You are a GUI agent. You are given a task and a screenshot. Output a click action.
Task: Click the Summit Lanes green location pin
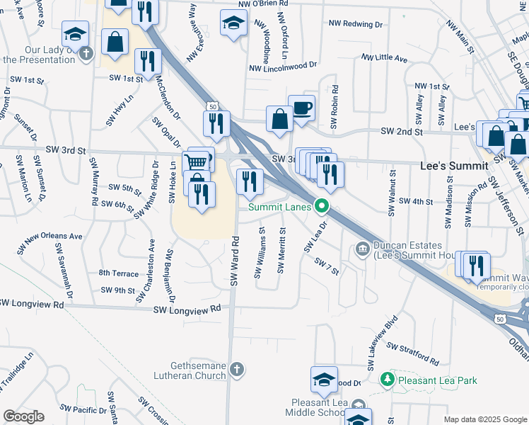pos(322,207)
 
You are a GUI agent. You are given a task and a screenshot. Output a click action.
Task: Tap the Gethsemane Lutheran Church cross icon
pos(238,368)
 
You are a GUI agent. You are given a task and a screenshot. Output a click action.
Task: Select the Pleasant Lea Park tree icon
pos(387,380)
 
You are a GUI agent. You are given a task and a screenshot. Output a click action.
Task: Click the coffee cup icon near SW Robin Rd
pos(302,108)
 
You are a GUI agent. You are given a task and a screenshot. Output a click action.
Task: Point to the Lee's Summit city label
pos(454,165)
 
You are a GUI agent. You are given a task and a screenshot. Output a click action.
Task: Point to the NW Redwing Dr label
pos(356,24)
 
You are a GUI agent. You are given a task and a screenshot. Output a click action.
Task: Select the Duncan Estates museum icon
pos(362,249)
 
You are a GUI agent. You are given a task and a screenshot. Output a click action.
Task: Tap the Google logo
pos(23,416)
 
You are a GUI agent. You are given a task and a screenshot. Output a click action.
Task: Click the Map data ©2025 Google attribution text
pos(484,419)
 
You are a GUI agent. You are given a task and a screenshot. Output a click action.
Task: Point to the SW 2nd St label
pos(401,132)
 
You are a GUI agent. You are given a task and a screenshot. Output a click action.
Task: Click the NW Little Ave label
pos(384,57)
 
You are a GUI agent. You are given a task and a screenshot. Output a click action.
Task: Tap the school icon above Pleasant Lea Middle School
pos(325,380)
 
